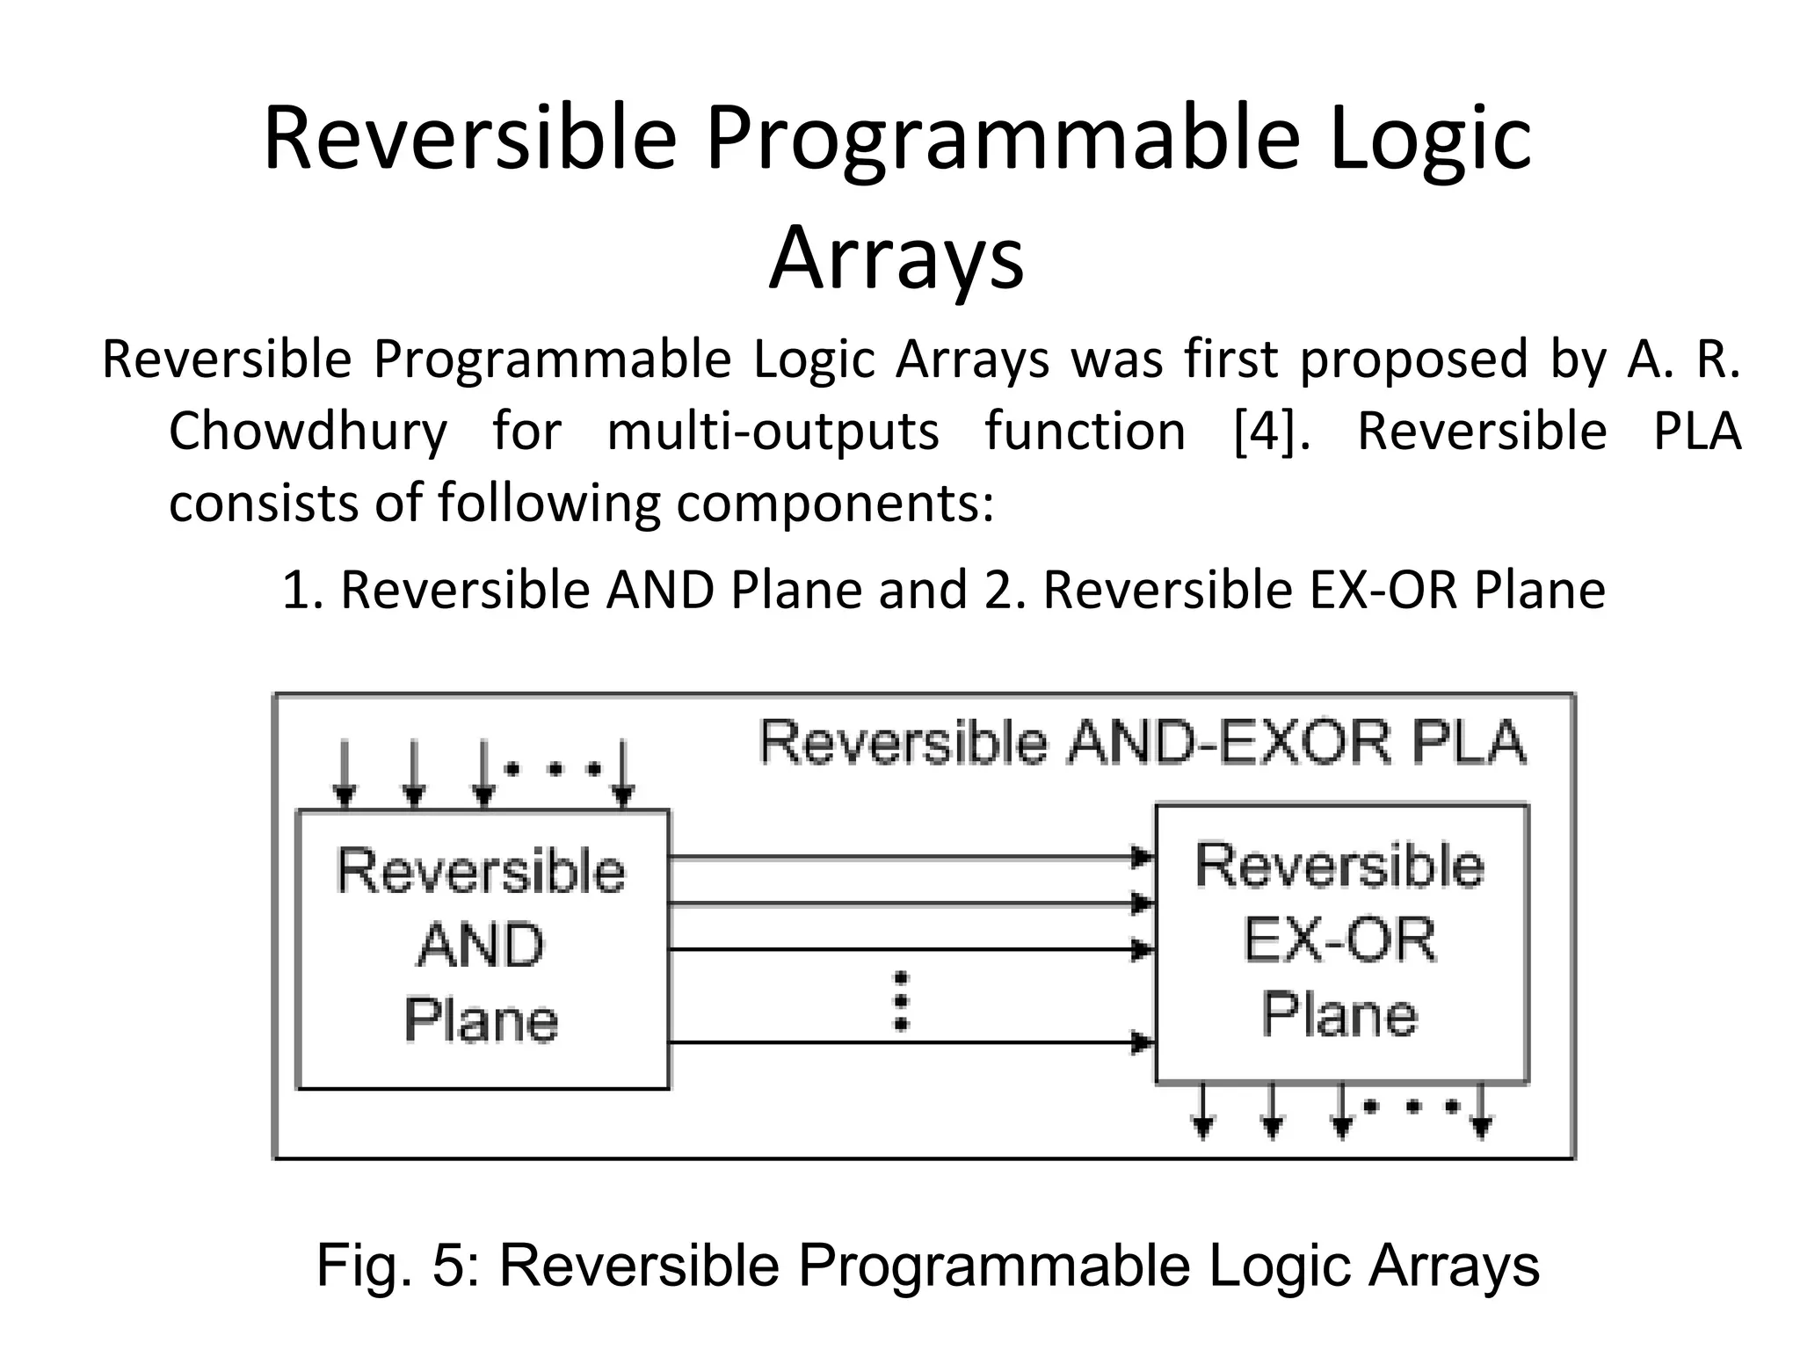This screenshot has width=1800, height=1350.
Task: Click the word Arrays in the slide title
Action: pyautogui.click(x=896, y=258)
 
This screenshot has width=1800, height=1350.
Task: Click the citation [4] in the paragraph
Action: pyautogui.click(x=1266, y=432)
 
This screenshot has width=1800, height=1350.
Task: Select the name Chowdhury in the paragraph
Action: pyautogui.click(x=308, y=432)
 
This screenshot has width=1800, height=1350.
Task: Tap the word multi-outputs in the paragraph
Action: pyautogui.click(x=773, y=432)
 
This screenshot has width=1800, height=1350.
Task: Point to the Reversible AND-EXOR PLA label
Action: pyautogui.click(x=1143, y=743)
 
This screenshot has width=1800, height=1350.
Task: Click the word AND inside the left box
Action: pyautogui.click(x=481, y=946)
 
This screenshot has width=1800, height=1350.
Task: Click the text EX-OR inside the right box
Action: pyautogui.click(x=1340, y=940)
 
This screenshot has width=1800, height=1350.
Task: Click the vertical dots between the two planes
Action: pyautogui.click(x=901, y=1001)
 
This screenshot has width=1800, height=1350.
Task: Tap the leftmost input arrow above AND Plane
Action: pyautogui.click(x=345, y=773)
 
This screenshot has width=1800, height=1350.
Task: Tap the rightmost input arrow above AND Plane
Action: pyautogui.click(x=623, y=773)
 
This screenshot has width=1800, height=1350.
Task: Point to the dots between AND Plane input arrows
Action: pyautogui.click(x=554, y=770)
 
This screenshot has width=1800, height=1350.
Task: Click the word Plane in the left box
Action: pyautogui.click(x=481, y=1020)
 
